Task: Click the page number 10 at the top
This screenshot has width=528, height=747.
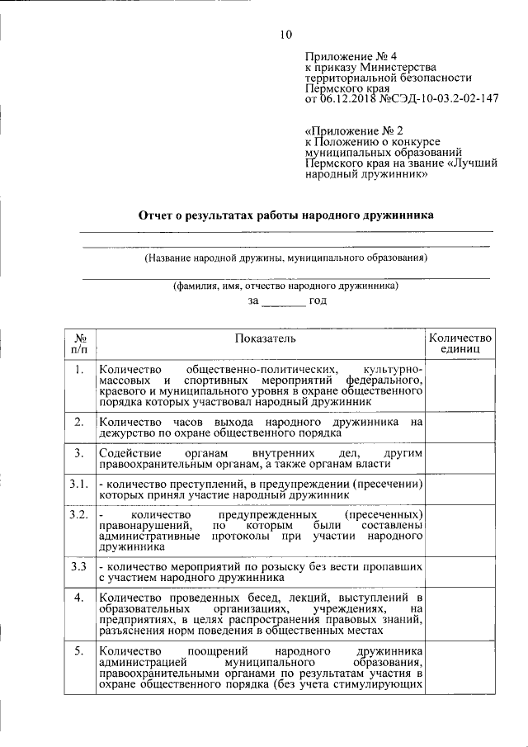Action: click(285, 34)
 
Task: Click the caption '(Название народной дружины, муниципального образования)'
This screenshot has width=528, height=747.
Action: click(285, 258)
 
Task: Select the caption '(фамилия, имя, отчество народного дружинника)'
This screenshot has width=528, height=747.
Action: click(285, 286)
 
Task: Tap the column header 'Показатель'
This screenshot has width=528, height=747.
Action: click(260, 338)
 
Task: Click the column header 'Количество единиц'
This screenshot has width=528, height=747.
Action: click(460, 344)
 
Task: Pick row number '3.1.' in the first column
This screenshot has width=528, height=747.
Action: click(78, 484)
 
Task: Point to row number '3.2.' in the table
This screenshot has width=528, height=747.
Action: click(78, 514)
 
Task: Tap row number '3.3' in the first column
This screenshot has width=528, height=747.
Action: click(78, 567)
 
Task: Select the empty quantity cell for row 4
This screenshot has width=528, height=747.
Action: click(460, 615)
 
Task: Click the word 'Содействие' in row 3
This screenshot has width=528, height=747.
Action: click(128, 454)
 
